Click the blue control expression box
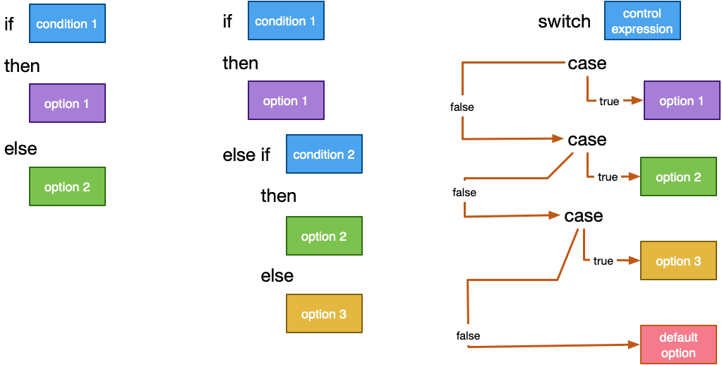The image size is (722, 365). click(x=642, y=20)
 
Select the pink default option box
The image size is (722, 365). click(x=678, y=345)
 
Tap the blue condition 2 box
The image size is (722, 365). click(x=324, y=154)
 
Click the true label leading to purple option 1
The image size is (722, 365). click(x=608, y=101)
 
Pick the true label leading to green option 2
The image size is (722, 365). click(x=607, y=176)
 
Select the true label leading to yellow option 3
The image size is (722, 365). click(x=603, y=261)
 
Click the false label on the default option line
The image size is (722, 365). click(x=468, y=335)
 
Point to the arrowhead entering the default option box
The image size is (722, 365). click(x=634, y=345)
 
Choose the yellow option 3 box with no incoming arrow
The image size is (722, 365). click(x=324, y=313)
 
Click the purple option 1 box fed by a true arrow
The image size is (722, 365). click(x=681, y=100)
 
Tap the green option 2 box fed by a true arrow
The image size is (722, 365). click(x=678, y=176)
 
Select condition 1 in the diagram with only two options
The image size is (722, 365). click(x=67, y=24)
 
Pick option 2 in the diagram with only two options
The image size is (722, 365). click(x=67, y=186)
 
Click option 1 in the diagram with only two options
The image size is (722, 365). click(x=67, y=103)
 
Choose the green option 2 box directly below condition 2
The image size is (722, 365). click(x=324, y=236)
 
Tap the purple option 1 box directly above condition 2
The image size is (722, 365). click(x=286, y=100)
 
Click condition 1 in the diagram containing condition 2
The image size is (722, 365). click(x=286, y=20)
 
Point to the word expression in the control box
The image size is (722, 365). click(x=642, y=29)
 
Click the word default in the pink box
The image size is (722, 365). click(x=678, y=337)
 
